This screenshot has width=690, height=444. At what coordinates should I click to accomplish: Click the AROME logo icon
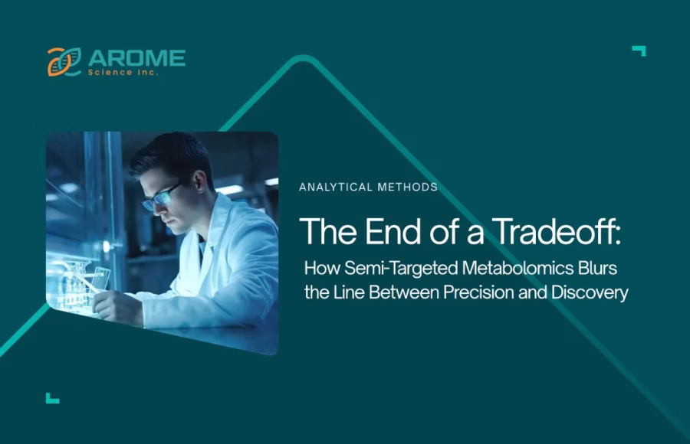click(64, 62)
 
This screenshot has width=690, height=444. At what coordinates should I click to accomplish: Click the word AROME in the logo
click(136, 58)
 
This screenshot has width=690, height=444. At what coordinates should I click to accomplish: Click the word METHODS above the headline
click(411, 187)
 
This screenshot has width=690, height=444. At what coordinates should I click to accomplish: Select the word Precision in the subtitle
click(481, 292)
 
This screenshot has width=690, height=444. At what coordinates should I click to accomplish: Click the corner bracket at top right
click(639, 51)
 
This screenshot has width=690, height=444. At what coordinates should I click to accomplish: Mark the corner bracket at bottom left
click(51, 397)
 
